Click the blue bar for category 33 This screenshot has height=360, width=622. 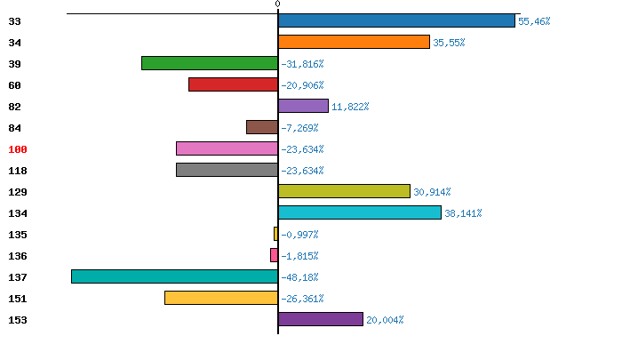(396, 20)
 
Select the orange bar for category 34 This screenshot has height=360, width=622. (354, 42)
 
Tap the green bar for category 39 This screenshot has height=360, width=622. (210, 63)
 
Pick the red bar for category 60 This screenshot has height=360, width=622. (233, 84)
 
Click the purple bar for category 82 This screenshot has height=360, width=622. (303, 106)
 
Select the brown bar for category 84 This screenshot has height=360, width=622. (262, 127)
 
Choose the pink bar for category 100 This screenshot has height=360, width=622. (227, 148)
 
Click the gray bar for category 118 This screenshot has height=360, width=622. (227, 170)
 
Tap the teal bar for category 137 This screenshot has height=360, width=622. (174, 276)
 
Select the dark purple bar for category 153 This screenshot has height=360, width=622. (320, 319)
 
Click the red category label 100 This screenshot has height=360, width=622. (18, 149)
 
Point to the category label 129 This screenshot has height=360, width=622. (18, 192)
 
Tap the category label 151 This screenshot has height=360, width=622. (18, 299)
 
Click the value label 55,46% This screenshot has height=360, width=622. (534, 21)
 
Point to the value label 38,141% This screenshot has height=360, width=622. (462, 213)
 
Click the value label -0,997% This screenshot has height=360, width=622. (299, 235)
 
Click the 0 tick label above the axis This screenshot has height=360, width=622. (277, 4)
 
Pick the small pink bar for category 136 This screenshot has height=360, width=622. (274, 255)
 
